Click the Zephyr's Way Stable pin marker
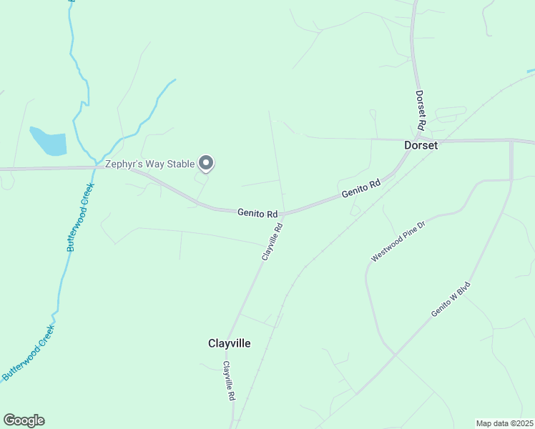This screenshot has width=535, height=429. (x=206, y=164)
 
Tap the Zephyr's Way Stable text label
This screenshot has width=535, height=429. (x=149, y=164)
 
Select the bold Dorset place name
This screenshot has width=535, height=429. (x=421, y=144)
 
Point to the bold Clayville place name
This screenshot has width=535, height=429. (x=229, y=343)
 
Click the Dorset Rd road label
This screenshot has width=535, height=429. (x=421, y=109)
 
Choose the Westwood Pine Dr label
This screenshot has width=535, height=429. (x=398, y=241)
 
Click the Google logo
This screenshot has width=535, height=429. (x=24, y=420)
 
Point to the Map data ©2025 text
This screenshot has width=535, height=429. (x=504, y=423)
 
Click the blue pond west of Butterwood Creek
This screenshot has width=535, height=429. (x=49, y=141)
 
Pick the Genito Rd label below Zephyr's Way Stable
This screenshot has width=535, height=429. (x=257, y=213)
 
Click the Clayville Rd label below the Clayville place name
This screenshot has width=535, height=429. (x=229, y=380)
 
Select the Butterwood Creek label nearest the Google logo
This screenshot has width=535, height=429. (x=29, y=352)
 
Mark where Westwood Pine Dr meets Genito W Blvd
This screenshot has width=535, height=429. (x=394, y=354)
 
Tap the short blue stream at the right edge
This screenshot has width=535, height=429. (x=530, y=71)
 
